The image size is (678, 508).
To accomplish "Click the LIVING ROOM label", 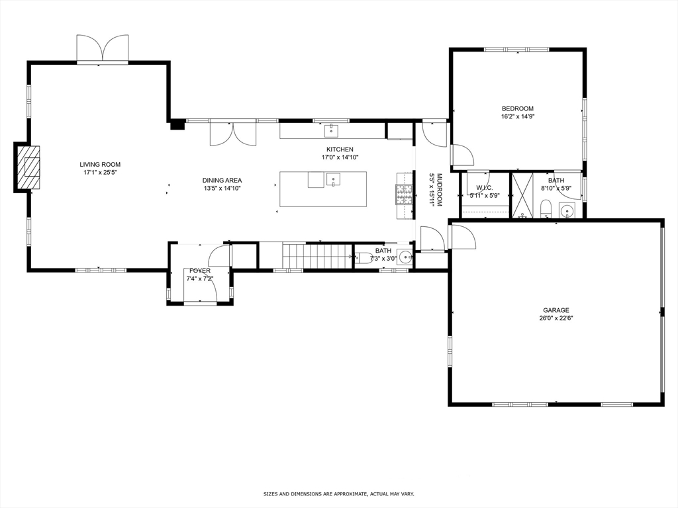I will pos(100,165).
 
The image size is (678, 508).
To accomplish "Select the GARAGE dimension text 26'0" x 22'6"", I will pos(556,318).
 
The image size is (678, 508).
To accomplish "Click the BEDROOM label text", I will pos(517,108).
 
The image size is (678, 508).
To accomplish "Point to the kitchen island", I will pos(322,189).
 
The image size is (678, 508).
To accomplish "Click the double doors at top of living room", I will pos(101,50).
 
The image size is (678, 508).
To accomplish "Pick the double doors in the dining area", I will pos(232,133).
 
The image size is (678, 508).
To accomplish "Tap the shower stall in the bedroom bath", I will pos(522,195).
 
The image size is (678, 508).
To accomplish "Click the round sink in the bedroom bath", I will pos(567,211).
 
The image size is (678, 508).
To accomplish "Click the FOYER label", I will pos(200,271).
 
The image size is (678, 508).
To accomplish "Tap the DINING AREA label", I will pos(222,180).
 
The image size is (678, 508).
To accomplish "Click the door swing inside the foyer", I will pos(219,257).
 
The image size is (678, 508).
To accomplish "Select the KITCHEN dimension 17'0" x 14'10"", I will pos(340,157).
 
